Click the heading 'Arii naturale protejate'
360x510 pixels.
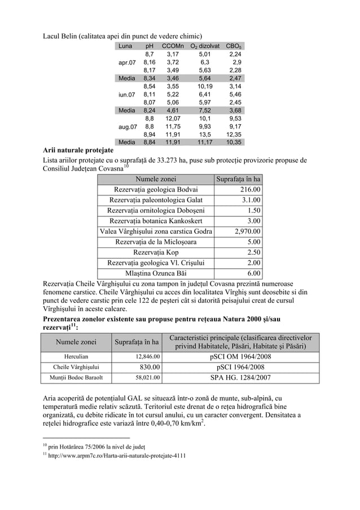(x=78, y=151)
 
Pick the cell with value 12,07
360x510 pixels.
(x=173, y=119)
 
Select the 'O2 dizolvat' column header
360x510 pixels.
(x=203, y=46)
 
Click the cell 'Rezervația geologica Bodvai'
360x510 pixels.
(x=156, y=190)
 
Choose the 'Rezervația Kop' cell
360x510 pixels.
(x=156, y=252)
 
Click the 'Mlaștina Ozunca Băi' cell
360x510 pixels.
(x=156, y=272)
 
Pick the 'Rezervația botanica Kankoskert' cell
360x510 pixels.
(x=156, y=221)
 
